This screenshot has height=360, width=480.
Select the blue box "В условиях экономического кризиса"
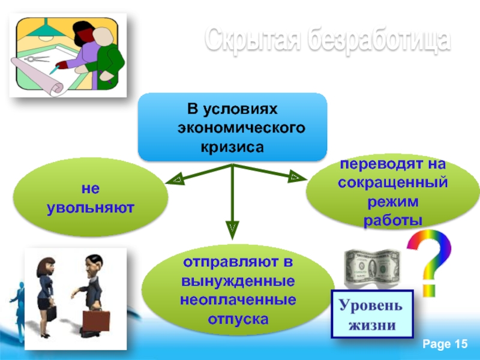pos(233,127)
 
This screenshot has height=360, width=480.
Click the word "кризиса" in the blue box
pos(232,146)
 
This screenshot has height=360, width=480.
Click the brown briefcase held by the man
pos(95,320)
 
